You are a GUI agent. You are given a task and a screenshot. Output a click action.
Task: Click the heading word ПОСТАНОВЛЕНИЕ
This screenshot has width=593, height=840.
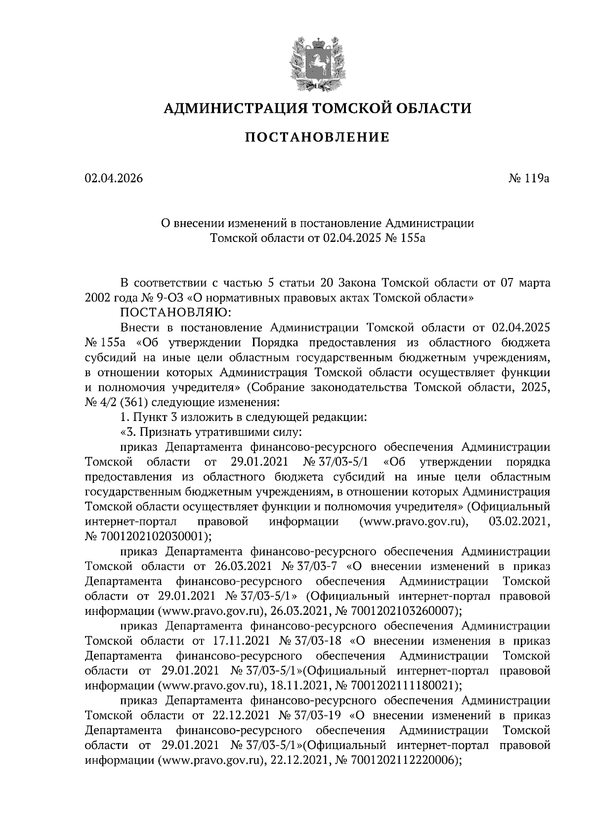(x=317, y=137)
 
